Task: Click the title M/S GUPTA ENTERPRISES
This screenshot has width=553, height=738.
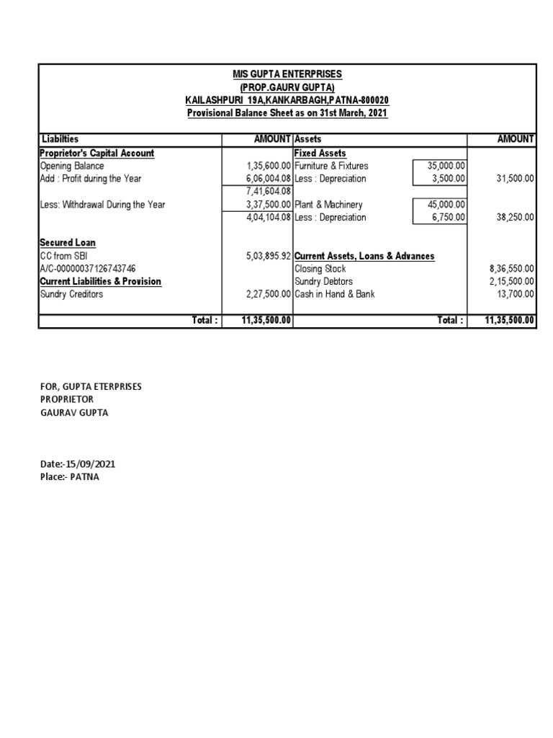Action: (x=287, y=74)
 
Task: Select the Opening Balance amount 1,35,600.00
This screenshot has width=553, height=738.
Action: (x=267, y=166)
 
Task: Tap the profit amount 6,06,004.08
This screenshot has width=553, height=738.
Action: (x=267, y=179)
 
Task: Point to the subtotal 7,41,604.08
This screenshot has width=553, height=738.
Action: (x=268, y=192)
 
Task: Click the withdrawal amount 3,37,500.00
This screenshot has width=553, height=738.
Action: (x=267, y=205)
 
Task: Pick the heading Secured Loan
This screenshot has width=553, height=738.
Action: (x=68, y=243)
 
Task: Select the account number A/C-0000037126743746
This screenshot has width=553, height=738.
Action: (x=87, y=269)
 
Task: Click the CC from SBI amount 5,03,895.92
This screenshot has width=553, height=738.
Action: (x=267, y=256)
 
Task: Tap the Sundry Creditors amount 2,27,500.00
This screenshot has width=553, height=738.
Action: (x=267, y=294)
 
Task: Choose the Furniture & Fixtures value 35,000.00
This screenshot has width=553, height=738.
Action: (x=446, y=166)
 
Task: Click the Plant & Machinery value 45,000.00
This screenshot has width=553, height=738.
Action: (x=446, y=205)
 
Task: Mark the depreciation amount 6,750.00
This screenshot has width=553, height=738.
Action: (x=449, y=218)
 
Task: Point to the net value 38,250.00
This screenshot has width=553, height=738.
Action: (x=515, y=218)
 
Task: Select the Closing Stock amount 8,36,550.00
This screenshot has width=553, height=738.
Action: (x=512, y=269)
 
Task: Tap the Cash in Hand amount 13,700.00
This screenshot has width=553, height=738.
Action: (x=515, y=294)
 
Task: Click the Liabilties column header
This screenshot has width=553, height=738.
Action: (x=60, y=138)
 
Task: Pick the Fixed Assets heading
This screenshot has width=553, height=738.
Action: (x=320, y=153)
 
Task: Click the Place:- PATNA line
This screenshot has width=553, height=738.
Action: (x=69, y=477)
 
